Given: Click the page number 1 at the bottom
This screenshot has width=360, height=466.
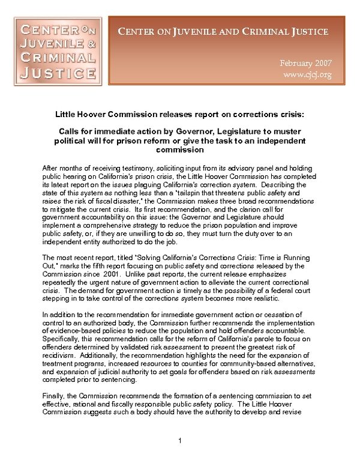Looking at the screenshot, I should tap(180, 442).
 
